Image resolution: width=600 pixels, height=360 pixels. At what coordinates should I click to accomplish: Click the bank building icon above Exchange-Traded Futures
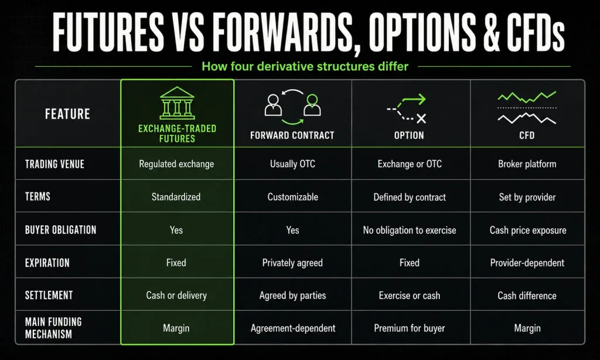pyautogui.click(x=177, y=103)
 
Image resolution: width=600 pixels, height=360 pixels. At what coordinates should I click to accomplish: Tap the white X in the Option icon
pyautogui.click(x=421, y=118)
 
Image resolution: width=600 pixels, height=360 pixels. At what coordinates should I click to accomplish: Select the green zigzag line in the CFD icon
pyautogui.click(x=527, y=97)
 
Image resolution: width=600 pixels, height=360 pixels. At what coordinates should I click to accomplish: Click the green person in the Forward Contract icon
pyautogui.click(x=312, y=105)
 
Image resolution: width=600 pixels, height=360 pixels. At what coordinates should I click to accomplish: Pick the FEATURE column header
pyautogui.click(x=68, y=114)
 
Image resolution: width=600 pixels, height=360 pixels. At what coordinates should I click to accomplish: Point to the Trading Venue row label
pyautogui.click(x=54, y=164)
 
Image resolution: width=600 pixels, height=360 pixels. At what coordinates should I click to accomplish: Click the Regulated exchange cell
pyautogui.click(x=176, y=164)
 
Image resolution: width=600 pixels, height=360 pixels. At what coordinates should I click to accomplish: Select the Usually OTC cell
pyautogui.click(x=293, y=164)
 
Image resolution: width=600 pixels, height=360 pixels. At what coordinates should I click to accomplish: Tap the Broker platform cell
pyautogui.click(x=527, y=164)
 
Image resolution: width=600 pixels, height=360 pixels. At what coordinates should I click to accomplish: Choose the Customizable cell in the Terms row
pyautogui.click(x=293, y=197)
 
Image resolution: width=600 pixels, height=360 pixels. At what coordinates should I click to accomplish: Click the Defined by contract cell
pyautogui.click(x=410, y=197)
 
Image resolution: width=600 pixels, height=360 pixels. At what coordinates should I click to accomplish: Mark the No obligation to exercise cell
pyautogui.click(x=410, y=230)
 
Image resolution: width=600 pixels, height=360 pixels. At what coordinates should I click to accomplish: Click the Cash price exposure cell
pyautogui.click(x=528, y=230)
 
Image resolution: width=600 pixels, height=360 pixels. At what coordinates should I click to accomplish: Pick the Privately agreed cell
pyautogui.click(x=292, y=263)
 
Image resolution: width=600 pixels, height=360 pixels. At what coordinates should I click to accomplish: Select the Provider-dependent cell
pyautogui.click(x=527, y=263)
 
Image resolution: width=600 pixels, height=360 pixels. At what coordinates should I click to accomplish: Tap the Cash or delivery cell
pyautogui.click(x=176, y=296)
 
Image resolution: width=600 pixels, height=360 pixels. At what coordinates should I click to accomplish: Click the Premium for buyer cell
pyautogui.click(x=410, y=328)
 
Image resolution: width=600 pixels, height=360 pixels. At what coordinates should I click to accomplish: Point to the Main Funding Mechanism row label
pyautogui.click(x=53, y=328)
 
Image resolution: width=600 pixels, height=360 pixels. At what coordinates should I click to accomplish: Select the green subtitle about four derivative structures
pyautogui.click(x=305, y=66)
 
